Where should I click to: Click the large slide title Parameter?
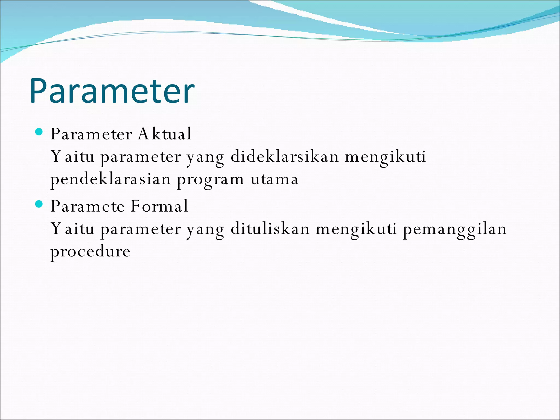112,91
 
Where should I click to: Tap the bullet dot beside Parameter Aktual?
39,132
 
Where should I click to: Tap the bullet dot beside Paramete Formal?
39,204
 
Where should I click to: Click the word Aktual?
165,134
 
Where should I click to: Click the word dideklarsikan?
285,157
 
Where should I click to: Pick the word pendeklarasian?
110,180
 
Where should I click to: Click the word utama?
274,180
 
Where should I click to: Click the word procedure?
90,252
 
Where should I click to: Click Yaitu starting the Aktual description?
72,157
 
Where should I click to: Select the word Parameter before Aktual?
91,134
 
